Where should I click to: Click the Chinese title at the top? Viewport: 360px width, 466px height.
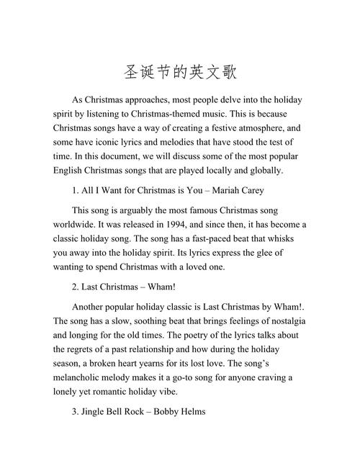click(x=180, y=73)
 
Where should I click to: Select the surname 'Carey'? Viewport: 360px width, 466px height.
click(x=252, y=191)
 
